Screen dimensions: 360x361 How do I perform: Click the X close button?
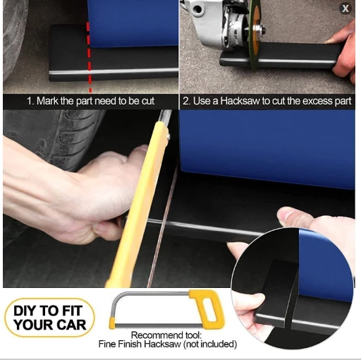pos(345,8)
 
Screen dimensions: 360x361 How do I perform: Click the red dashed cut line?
pos(88,49)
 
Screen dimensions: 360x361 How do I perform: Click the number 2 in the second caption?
pos(185,101)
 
